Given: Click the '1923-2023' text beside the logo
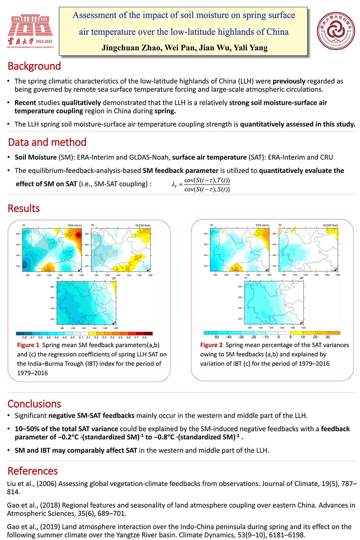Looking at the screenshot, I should coord(44,41).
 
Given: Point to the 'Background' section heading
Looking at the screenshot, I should coord(34,66).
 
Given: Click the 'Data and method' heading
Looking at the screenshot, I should coord(47,142).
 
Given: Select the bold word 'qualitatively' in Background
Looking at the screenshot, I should coord(81,103).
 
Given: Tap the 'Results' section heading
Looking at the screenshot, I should coord(24,208).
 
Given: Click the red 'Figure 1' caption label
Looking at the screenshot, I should coord(28,345).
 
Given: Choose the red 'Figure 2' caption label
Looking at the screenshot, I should coord(211,345).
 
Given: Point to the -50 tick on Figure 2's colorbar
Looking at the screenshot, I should coord(216,337).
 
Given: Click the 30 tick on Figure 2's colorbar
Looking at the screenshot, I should coord(328,337).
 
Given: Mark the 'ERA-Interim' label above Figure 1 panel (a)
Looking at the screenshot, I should coord(75,225).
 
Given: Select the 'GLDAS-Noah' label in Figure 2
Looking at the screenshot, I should coord(330,225).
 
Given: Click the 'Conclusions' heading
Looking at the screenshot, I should coord(34,404).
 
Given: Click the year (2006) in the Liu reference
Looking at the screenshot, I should coord(46,484).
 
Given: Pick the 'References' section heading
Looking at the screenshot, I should coord(32,471).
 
